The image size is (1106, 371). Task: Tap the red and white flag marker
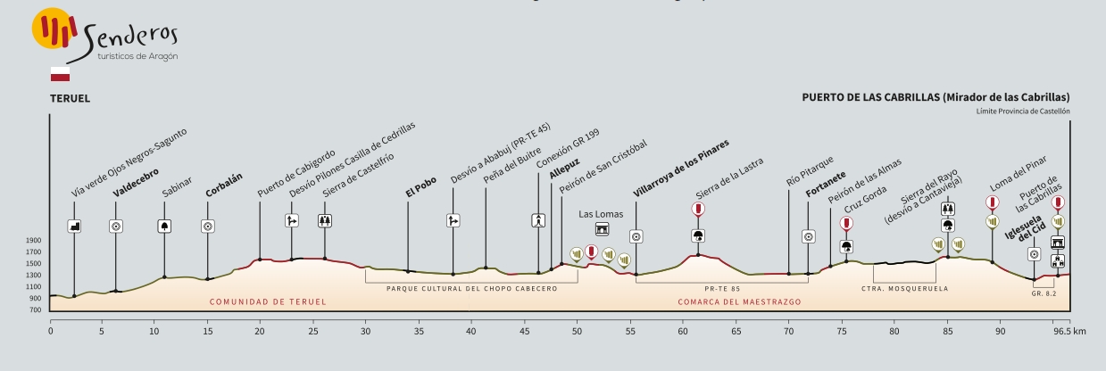(x=60, y=74)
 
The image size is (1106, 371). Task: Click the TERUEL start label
(x=70, y=98)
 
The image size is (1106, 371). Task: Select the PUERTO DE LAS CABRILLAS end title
(x=936, y=98)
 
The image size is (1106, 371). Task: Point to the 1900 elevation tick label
(x=33, y=241)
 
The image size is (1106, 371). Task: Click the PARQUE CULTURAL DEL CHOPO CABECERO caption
(x=471, y=289)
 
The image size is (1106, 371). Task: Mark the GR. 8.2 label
(x=1043, y=292)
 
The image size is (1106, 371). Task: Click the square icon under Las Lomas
(x=602, y=229)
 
